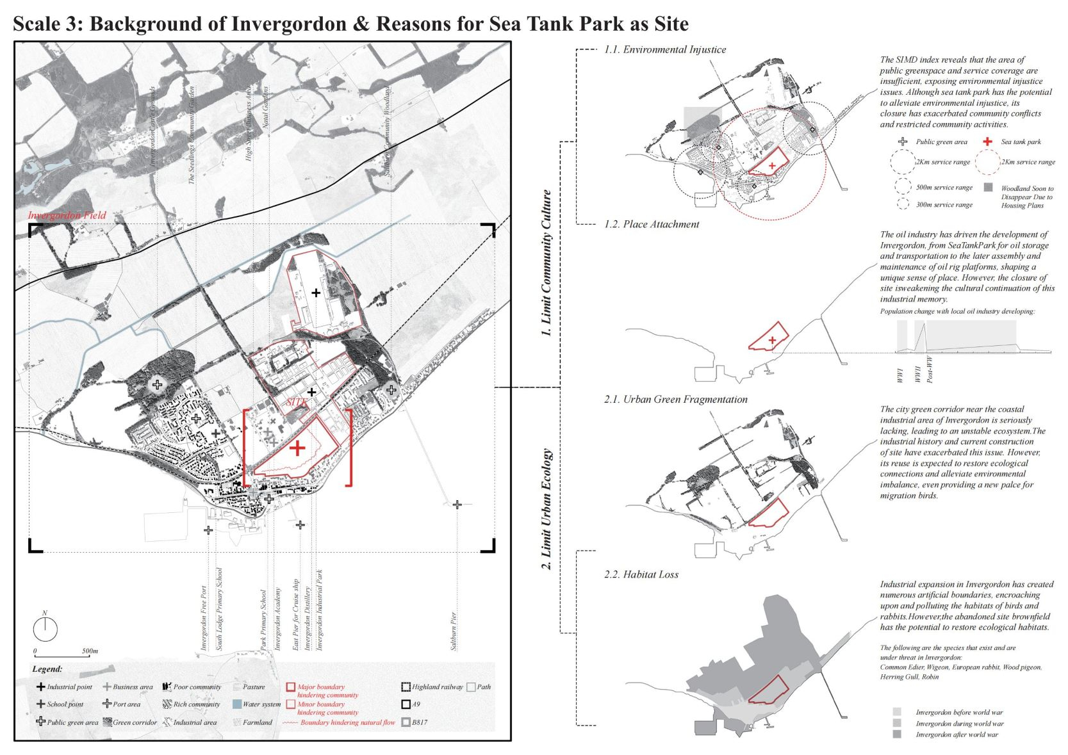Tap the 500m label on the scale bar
coord(90,651)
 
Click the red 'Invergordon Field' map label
coord(67,215)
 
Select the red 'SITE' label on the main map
coord(296,402)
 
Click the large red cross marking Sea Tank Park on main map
coord(297,448)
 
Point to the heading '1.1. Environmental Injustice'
coord(665,49)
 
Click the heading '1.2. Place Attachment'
coord(652,224)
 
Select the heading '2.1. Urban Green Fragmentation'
coord(675,399)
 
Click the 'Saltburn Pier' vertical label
coord(454,631)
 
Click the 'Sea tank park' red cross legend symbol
coord(987,142)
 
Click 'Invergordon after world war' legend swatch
coord(897,735)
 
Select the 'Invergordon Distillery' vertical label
coord(308,618)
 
